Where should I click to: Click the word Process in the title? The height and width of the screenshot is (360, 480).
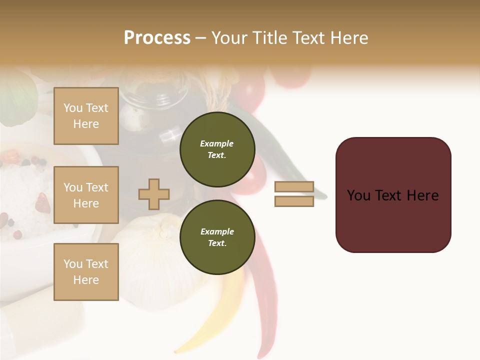(x=157, y=38)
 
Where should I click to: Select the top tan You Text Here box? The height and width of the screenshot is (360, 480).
(x=86, y=116)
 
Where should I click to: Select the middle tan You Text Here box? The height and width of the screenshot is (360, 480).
(x=86, y=195)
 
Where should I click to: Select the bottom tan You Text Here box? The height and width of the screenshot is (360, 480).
(x=86, y=271)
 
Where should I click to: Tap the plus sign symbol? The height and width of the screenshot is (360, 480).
(x=154, y=194)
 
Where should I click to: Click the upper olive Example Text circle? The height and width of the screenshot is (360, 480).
(x=217, y=149)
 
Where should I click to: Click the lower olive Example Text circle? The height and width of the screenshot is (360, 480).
(x=217, y=237)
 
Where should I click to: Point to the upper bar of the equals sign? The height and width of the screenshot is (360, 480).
(x=294, y=187)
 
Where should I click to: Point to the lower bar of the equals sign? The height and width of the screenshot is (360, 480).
(x=294, y=201)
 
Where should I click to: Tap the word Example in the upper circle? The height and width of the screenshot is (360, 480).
(x=217, y=143)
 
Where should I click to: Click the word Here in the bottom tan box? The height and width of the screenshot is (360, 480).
(x=86, y=280)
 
